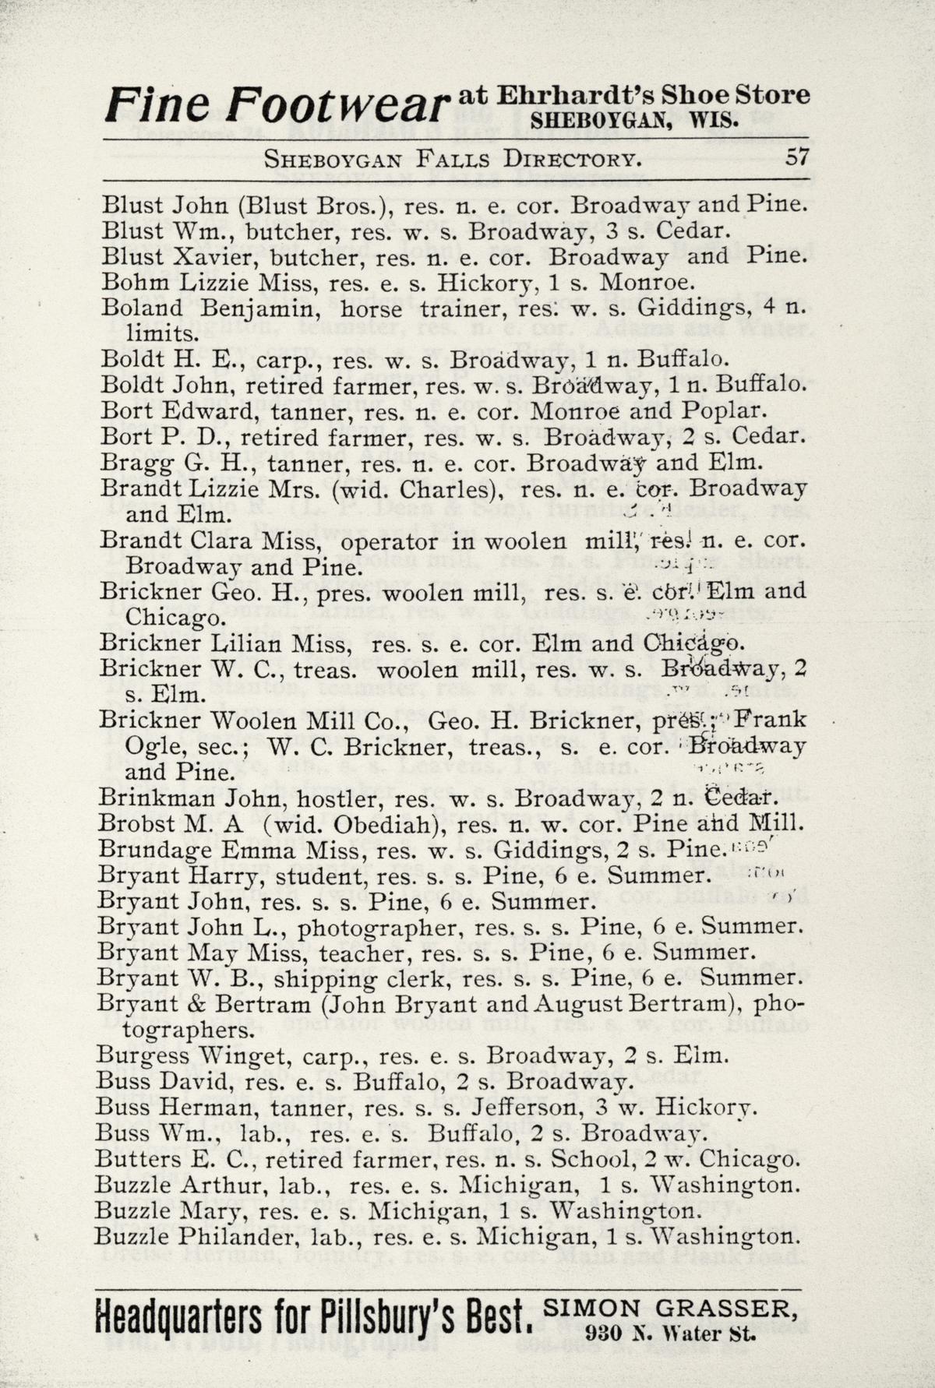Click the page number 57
(796, 158)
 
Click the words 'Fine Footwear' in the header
(278, 105)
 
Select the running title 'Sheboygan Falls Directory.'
(453, 160)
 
